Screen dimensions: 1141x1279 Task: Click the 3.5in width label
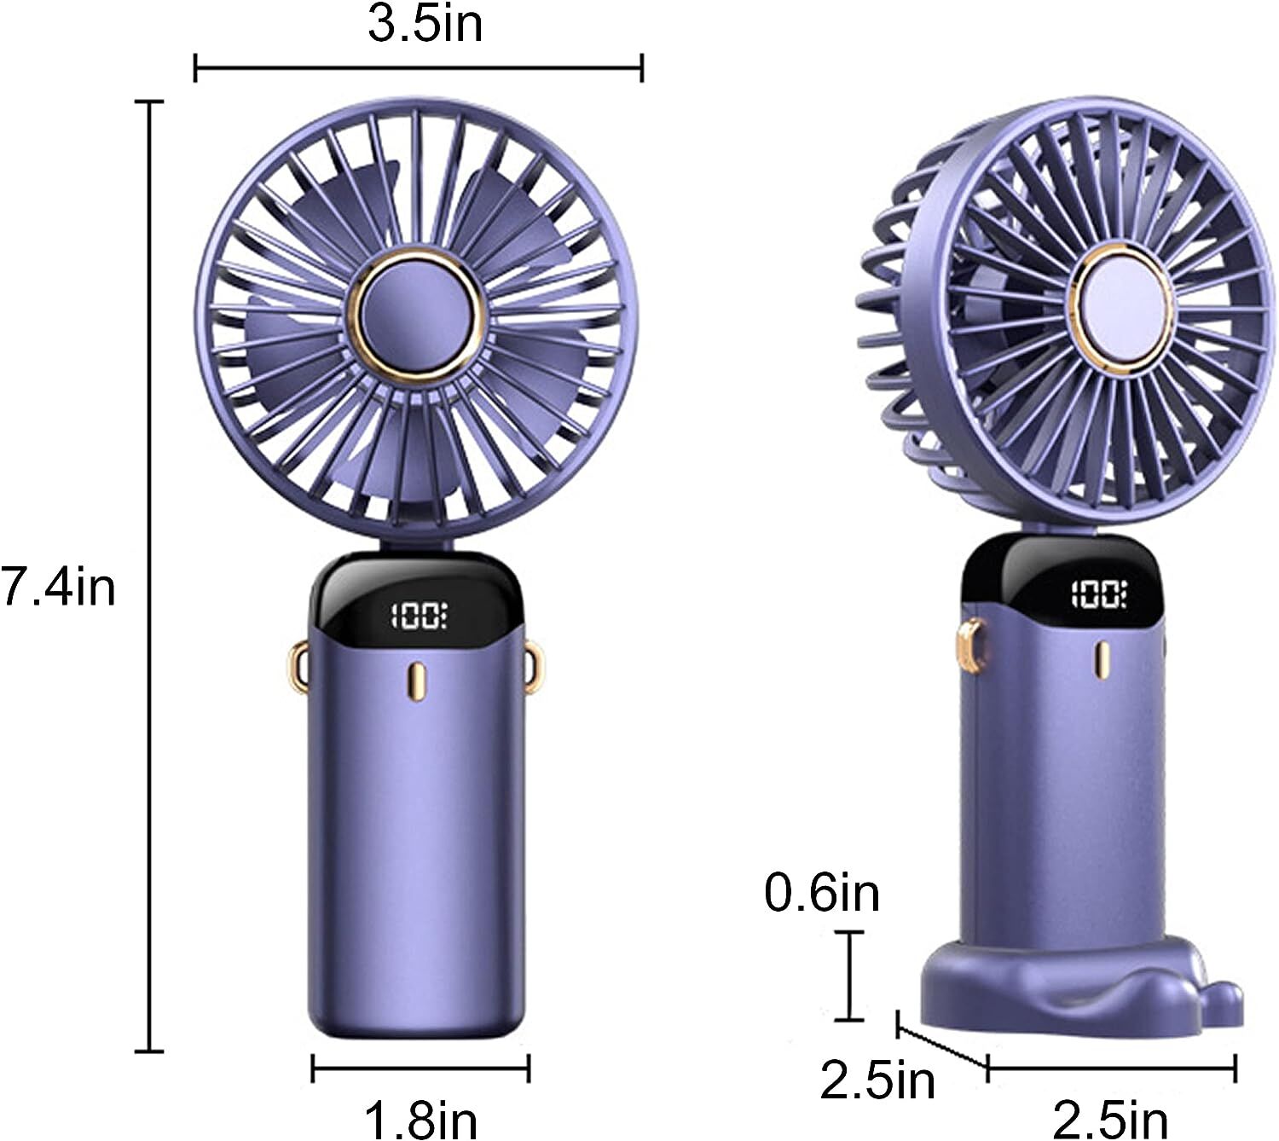point(425,24)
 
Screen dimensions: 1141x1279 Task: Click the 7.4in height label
point(58,587)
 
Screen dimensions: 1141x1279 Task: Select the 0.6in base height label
point(821,893)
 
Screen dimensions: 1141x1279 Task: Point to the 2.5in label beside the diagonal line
point(877,1080)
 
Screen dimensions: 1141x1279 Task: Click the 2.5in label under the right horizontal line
point(1109,1119)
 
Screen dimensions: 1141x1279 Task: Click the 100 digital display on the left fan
point(419,615)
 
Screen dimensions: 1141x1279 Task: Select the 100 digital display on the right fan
point(1099,594)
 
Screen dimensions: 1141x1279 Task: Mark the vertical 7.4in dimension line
point(151,576)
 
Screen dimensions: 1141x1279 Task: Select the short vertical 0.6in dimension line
point(848,976)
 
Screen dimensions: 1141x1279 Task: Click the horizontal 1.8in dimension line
point(420,1068)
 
